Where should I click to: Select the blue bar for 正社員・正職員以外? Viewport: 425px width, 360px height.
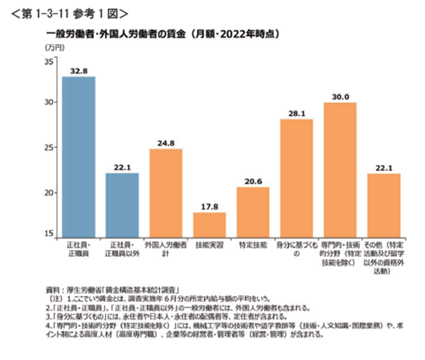tap(122, 205)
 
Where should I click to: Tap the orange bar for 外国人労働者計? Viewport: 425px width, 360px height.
tap(166, 193)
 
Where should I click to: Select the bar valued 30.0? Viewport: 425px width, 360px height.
tap(340, 170)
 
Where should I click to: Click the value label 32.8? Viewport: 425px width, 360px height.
tap(79, 71)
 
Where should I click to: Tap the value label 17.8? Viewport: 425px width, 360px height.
tap(209, 207)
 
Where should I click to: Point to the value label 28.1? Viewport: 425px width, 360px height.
tap(297, 114)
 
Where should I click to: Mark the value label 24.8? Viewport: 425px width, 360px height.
tap(166, 144)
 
